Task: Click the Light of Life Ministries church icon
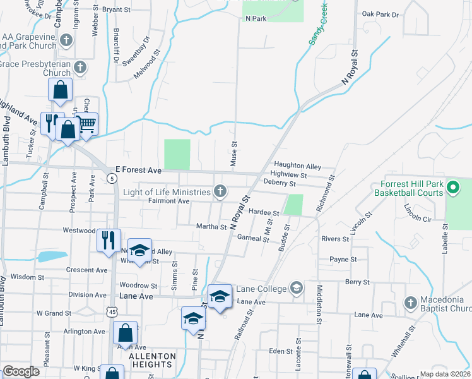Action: point(220,191)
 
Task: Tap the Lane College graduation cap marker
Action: point(295,289)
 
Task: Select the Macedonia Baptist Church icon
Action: point(411,302)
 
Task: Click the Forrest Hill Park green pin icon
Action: point(452,187)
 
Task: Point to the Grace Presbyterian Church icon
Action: point(80,68)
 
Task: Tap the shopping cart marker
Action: point(87,123)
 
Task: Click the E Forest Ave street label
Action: point(138,170)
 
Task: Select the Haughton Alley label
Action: point(297,165)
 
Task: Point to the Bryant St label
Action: point(120,9)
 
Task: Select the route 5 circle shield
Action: point(112,179)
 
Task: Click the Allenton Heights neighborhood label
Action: point(151,360)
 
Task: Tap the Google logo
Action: point(21,371)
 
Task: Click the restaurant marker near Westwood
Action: point(108,239)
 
